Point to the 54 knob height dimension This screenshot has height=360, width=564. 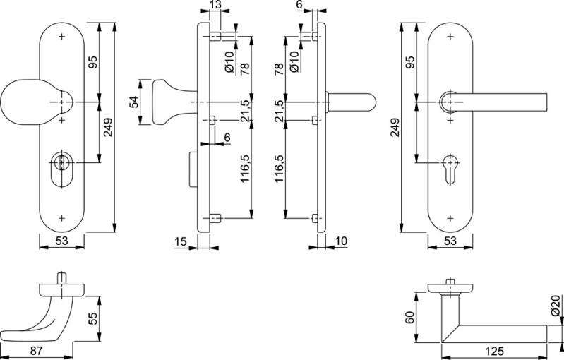click(133, 102)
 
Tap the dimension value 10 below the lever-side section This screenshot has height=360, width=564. click(342, 242)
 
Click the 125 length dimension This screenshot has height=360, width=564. click(493, 351)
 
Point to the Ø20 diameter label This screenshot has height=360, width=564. click(556, 304)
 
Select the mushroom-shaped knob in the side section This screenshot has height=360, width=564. click(164, 103)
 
